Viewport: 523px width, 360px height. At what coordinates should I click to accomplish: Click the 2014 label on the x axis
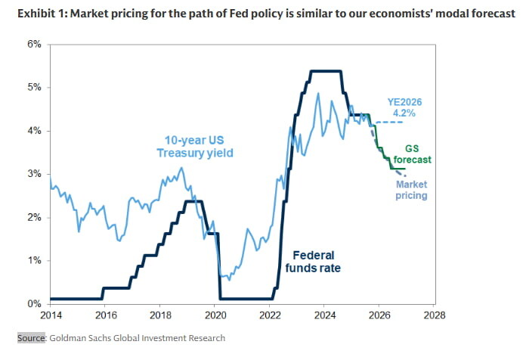click(x=50, y=315)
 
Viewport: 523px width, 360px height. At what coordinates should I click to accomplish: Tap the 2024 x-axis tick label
click(x=324, y=315)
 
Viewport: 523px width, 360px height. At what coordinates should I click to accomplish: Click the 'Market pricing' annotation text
click(x=411, y=190)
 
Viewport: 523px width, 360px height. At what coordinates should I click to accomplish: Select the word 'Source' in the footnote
click(x=30, y=338)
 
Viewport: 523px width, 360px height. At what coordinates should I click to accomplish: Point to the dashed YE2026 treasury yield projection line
click(x=389, y=123)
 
